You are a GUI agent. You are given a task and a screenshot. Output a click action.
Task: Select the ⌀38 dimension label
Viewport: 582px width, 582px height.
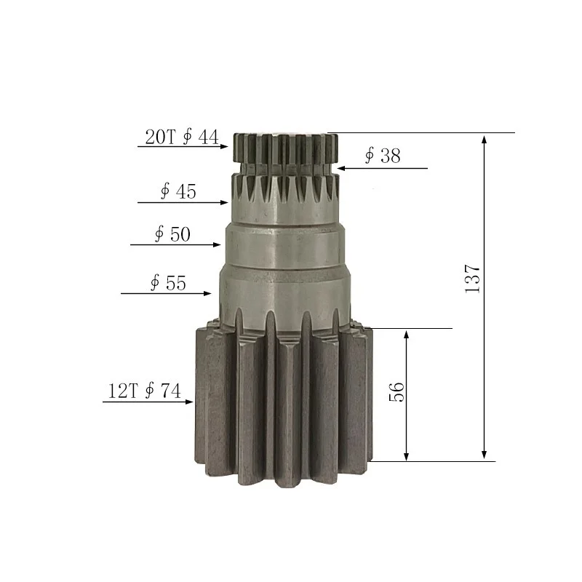(x=382, y=156)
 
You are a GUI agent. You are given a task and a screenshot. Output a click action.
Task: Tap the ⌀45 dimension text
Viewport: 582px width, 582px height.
(x=178, y=191)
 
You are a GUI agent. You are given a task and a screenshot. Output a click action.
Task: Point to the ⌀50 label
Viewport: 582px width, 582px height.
(x=172, y=234)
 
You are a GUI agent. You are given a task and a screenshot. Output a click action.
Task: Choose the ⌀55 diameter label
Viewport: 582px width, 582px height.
(x=168, y=283)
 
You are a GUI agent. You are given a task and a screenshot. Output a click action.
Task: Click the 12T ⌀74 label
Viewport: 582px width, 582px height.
(x=144, y=391)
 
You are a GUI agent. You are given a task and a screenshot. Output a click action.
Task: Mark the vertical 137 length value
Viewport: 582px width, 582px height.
(x=473, y=279)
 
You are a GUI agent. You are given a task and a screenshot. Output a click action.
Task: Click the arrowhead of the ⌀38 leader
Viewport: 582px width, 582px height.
(x=340, y=168)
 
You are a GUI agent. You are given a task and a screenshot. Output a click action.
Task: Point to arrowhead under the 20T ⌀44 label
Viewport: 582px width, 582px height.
(x=225, y=146)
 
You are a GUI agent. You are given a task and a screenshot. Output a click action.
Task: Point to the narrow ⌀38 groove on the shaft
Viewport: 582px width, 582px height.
(x=284, y=168)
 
